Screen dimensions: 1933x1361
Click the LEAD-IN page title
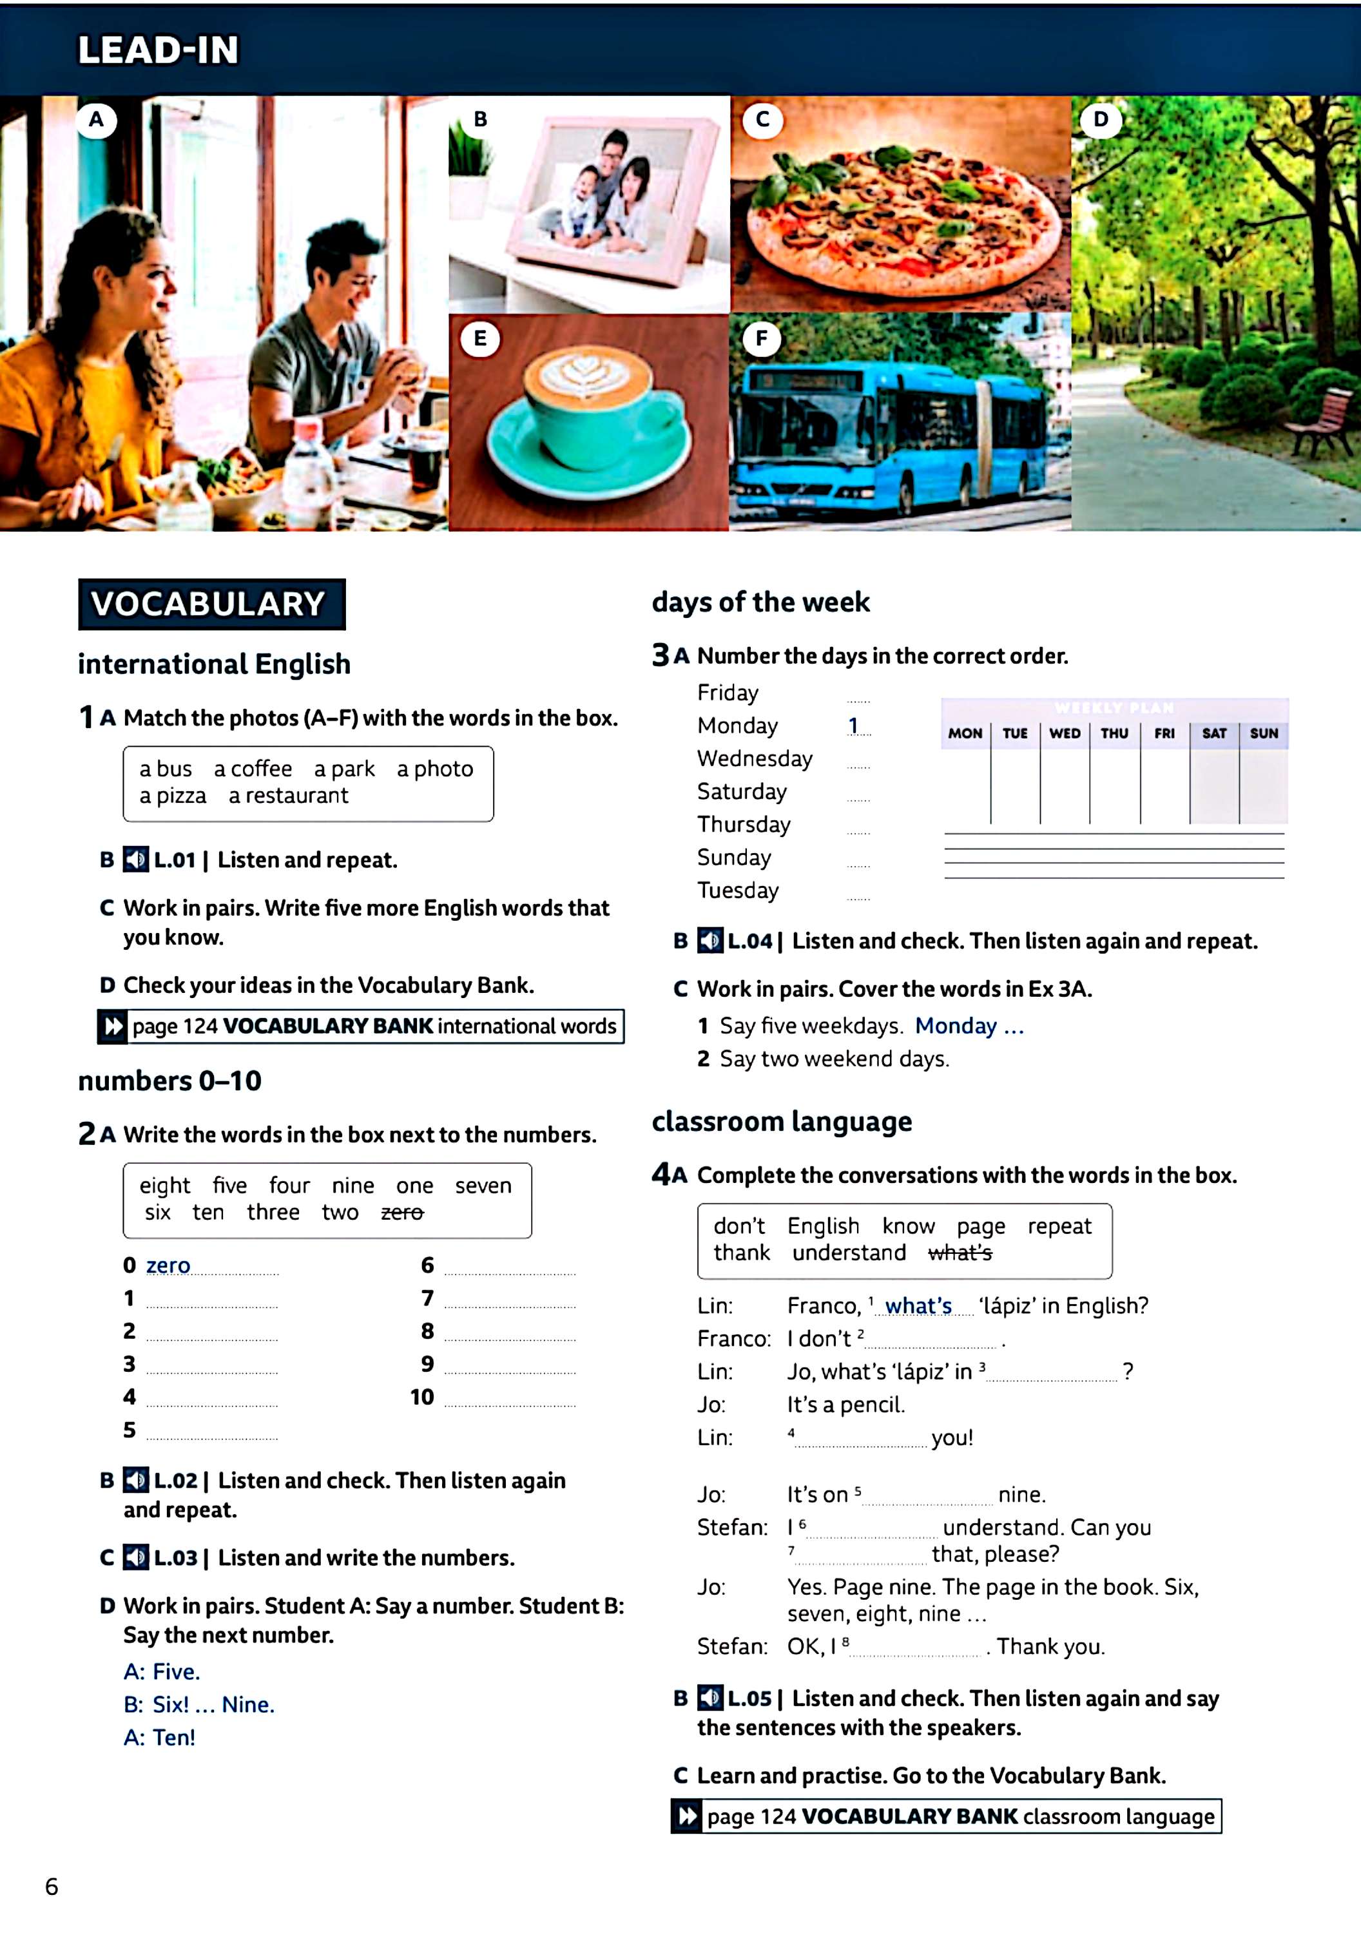159,50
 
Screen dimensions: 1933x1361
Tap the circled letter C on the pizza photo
762,120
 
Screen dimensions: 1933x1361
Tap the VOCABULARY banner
211,604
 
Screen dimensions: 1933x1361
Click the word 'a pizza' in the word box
173,796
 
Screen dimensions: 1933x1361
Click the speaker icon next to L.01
135,860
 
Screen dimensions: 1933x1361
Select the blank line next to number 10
510,1399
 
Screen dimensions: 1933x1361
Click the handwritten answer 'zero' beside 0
168,1265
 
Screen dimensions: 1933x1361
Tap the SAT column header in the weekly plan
1213,733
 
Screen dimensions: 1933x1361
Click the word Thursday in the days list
744,824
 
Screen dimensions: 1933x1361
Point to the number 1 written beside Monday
853,725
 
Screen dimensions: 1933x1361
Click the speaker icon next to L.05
710,1698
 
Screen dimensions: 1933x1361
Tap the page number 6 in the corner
52,1886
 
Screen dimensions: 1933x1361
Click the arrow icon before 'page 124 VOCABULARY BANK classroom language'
687,1816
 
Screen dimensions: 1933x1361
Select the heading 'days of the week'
760,602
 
